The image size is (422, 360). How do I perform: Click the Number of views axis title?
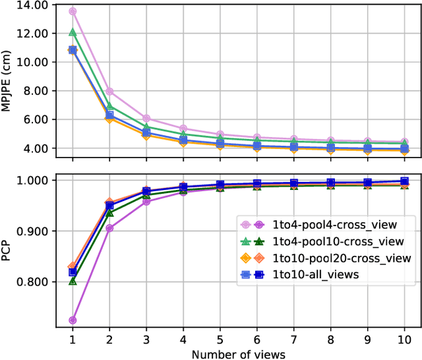(x=238, y=354)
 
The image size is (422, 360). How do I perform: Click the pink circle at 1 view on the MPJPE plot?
(x=73, y=11)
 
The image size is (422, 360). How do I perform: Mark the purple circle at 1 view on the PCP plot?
(x=73, y=320)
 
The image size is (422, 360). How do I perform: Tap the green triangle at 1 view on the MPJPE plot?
(x=73, y=32)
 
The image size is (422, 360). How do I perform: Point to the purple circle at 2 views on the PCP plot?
(x=109, y=228)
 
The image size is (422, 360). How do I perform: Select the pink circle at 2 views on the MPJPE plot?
(x=109, y=92)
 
